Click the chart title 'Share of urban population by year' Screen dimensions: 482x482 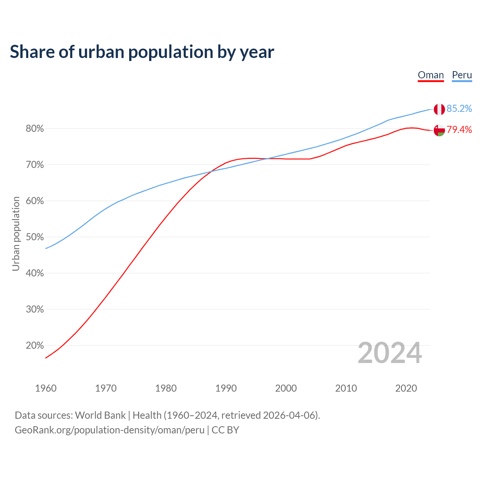point(142,52)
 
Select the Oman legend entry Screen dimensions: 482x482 point(431,75)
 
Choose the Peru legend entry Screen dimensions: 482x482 point(462,75)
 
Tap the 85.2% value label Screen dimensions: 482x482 point(459,108)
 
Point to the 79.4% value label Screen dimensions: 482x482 point(459,130)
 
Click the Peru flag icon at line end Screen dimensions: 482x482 point(439,109)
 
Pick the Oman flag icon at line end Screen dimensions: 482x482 point(439,130)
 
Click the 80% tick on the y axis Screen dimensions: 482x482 point(35,129)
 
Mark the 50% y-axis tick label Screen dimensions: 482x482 point(35,237)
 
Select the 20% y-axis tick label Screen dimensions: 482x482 point(35,346)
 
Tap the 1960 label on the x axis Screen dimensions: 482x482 point(46,388)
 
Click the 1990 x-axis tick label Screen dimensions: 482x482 point(226,388)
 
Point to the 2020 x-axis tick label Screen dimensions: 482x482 point(406,388)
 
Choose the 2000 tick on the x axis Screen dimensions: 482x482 point(286,388)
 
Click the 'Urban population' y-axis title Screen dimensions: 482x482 point(16,233)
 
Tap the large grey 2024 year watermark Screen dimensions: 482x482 point(390,353)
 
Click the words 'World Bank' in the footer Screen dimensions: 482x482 point(100,415)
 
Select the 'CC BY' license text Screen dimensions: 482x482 point(225,430)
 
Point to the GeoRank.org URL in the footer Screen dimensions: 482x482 point(110,430)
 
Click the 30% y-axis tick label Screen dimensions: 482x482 point(35,310)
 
